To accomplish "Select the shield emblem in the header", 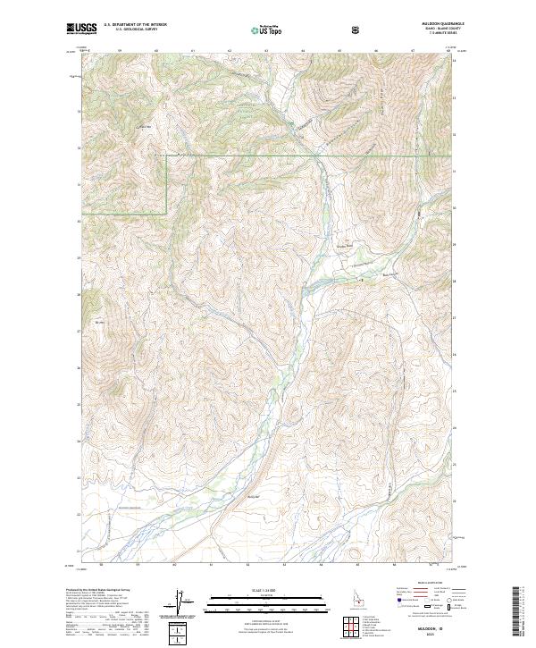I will pos(357,28).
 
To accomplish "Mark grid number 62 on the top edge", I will pos(230,52).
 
